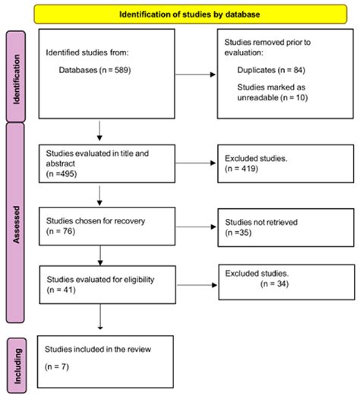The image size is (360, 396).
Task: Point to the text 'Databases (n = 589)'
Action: (93, 69)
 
